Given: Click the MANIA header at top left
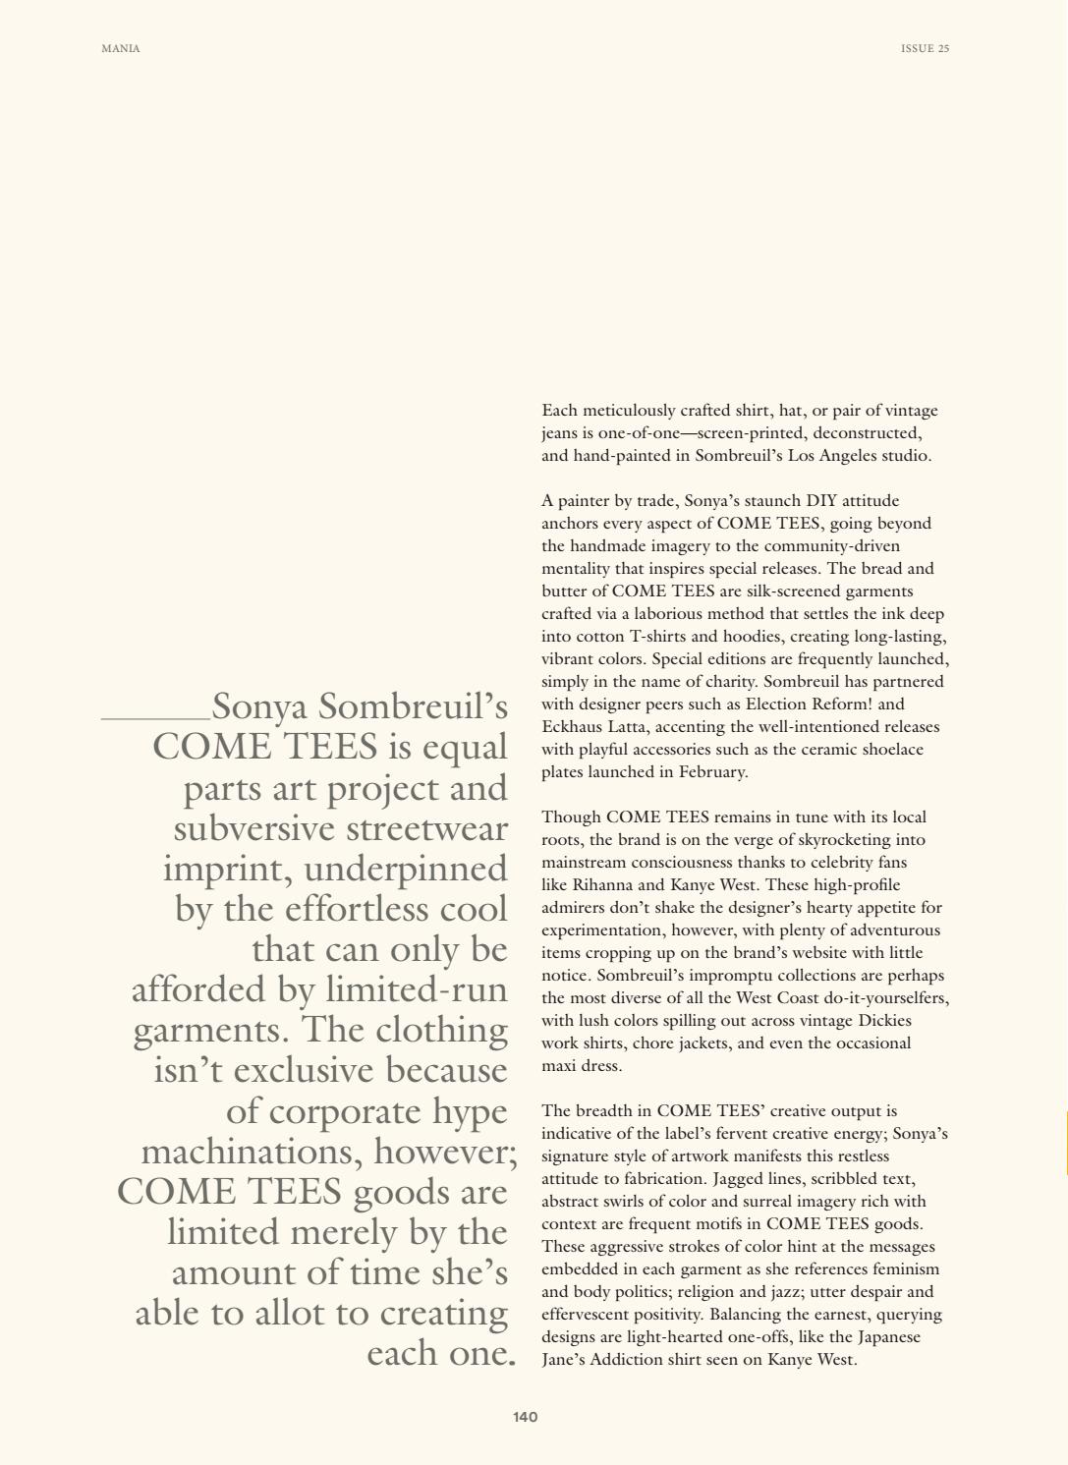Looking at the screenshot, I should [121, 49].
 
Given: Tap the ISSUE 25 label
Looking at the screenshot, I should [925, 49].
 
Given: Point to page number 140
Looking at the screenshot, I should [525, 1417].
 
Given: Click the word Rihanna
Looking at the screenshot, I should [600, 885].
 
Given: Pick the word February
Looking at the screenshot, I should [715, 772].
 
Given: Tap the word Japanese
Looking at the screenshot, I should [882, 1337].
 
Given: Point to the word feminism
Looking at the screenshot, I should [905, 1269].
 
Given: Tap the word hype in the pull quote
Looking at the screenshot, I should [470, 1111].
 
